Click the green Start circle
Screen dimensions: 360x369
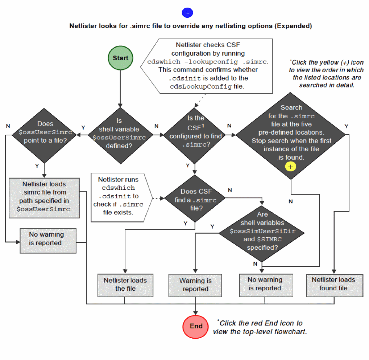click(120, 58)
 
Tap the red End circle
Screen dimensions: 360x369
click(196, 326)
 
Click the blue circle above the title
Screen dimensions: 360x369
click(187, 13)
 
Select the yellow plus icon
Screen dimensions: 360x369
click(291, 167)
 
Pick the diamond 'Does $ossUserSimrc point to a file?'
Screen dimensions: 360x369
click(45, 132)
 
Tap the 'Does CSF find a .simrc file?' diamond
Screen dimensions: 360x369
click(195, 200)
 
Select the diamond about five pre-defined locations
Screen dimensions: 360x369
click(291, 134)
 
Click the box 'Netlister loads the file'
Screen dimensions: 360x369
click(125, 285)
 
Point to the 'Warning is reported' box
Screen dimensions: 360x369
click(195, 285)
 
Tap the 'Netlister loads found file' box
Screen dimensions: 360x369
click(333, 284)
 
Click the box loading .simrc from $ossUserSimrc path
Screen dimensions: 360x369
click(44, 197)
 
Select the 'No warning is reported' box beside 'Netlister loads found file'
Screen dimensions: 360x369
click(265, 284)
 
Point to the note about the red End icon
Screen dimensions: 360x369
click(260, 327)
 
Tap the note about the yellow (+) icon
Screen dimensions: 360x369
click(327, 74)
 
